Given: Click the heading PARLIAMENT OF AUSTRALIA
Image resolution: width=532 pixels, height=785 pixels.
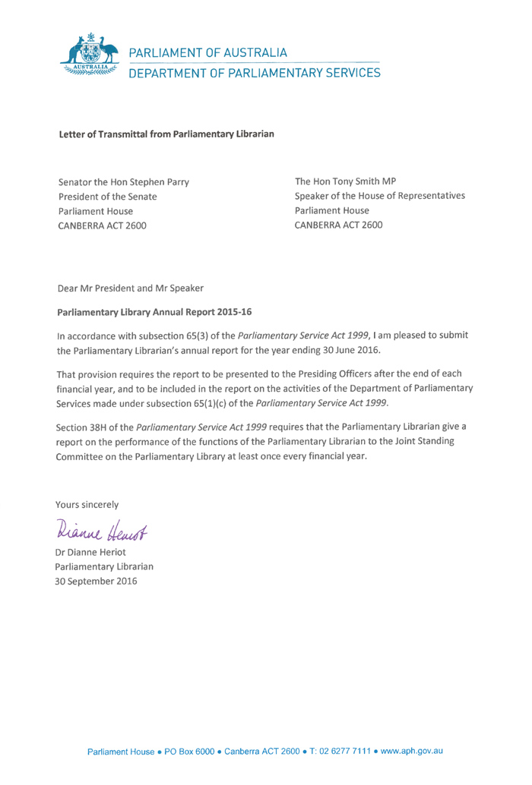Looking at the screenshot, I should [x=207, y=53].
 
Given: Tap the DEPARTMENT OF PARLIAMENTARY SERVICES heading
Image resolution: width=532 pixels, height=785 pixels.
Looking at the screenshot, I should [x=254, y=73].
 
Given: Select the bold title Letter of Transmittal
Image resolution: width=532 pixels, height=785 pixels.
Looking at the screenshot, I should [x=166, y=134].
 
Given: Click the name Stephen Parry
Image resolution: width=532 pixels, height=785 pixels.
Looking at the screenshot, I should [x=160, y=182].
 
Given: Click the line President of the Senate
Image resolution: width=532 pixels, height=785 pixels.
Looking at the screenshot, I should [x=108, y=197].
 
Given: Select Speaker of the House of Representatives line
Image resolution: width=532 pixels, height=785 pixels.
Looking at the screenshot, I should [x=380, y=196].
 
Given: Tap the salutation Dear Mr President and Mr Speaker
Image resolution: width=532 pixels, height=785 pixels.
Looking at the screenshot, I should [x=131, y=288].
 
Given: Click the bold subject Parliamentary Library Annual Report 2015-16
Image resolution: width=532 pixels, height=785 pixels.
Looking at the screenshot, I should [x=154, y=312].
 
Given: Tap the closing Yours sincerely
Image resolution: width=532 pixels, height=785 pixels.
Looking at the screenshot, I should [x=87, y=504].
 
